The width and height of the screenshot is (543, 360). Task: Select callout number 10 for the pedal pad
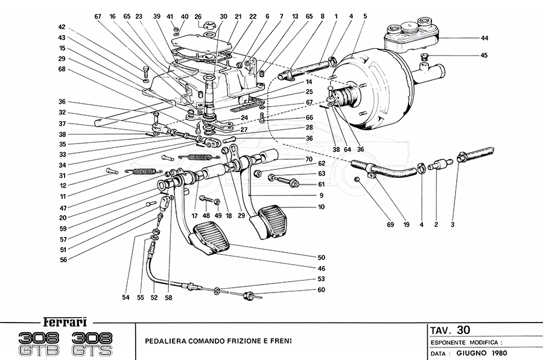point(322,207)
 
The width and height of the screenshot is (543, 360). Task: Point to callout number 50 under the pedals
point(322,257)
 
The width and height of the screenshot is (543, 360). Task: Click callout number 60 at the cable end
point(322,290)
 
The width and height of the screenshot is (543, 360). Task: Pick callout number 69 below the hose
point(390,224)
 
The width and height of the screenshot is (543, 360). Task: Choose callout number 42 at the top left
point(62,27)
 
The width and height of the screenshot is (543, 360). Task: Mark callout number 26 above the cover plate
point(197,16)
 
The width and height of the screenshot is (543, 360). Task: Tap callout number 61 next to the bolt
point(322,184)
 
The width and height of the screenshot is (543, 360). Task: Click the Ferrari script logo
point(62,321)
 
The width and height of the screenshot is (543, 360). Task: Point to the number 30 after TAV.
point(463,330)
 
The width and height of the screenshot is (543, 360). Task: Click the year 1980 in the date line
point(498,352)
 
